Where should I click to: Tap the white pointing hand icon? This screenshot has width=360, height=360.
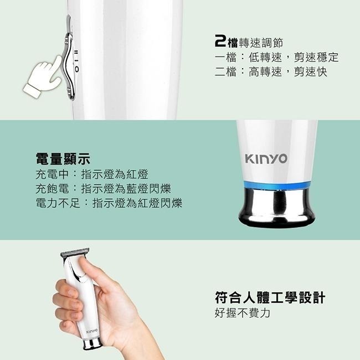pyautogui.click(x=42, y=79)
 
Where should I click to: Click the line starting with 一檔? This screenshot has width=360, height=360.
pyautogui.click(x=276, y=57)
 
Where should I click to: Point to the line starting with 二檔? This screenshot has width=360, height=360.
pyautogui.click(x=270, y=72)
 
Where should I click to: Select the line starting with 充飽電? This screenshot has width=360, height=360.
pyautogui.click(x=103, y=189)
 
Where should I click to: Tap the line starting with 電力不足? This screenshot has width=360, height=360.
pyautogui.click(x=109, y=203)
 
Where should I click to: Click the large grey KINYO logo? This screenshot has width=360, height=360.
pyautogui.click(x=266, y=159)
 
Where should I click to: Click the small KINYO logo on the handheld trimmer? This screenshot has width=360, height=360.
pyautogui.click(x=92, y=331)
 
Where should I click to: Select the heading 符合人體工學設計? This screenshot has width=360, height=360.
pyautogui.click(x=269, y=297)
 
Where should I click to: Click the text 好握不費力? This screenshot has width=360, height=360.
pyautogui.click(x=242, y=313)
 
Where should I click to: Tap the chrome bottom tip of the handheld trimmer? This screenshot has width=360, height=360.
pyautogui.click(x=91, y=344)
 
